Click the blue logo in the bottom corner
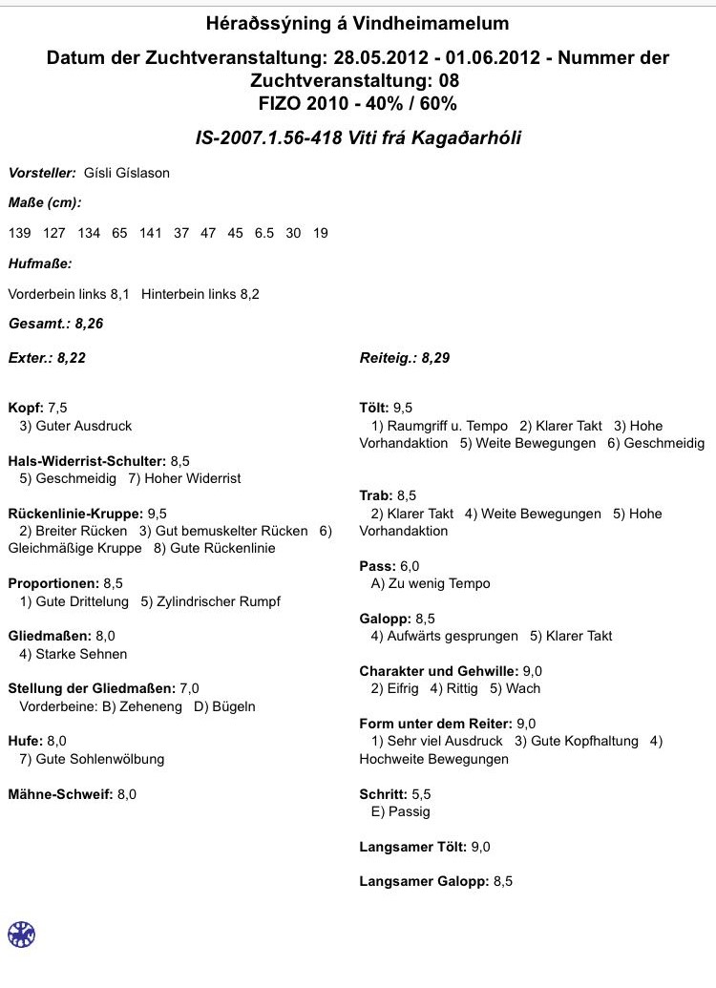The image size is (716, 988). pyautogui.click(x=21, y=935)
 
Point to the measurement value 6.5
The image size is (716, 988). pyautogui.click(x=263, y=233)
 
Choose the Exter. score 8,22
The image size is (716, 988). pyautogui.click(x=76, y=358)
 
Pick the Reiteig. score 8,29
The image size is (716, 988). pyautogui.click(x=430, y=358)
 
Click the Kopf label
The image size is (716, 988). pyautogui.click(x=25, y=408)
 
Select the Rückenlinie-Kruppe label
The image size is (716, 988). pyautogui.click(x=74, y=513)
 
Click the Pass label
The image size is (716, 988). pyautogui.click(x=376, y=566)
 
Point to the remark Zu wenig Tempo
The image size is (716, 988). pyautogui.click(x=437, y=583)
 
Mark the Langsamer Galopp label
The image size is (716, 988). pyautogui.click(x=423, y=881)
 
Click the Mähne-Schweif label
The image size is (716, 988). pyautogui.click(x=59, y=793)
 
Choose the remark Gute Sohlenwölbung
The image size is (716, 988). pyautogui.click(x=99, y=759)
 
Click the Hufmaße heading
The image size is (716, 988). pyautogui.click(x=40, y=263)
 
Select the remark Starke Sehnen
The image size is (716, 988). pyautogui.click(x=81, y=654)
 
